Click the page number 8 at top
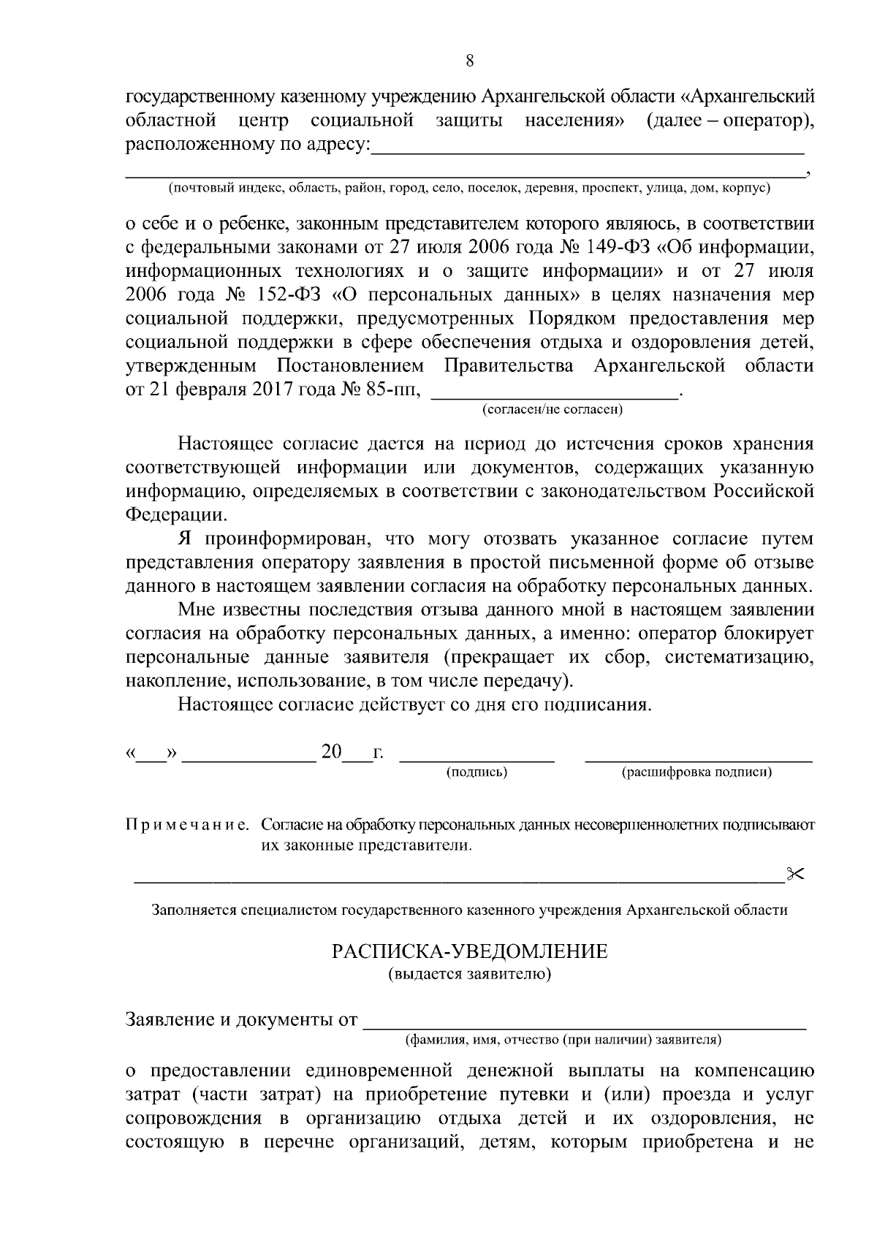click(x=470, y=61)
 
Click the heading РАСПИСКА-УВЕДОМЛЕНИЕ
click(x=470, y=951)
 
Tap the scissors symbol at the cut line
click(x=794, y=873)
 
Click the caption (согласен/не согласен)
click(x=553, y=410)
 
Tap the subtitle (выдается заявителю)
click(x=470, y=974)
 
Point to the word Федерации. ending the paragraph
click(x=175, y=514)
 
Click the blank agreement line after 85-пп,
click(x=555, y=395)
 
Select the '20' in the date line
click(x=331, y=752)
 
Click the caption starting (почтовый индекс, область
click(x=470, y=189)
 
